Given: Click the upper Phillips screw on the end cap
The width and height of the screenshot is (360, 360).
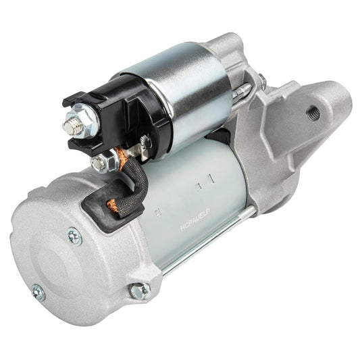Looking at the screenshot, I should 74,236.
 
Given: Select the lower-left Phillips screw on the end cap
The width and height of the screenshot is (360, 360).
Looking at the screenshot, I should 38,292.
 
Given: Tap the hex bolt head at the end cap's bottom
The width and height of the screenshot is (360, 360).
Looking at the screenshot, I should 141,290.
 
